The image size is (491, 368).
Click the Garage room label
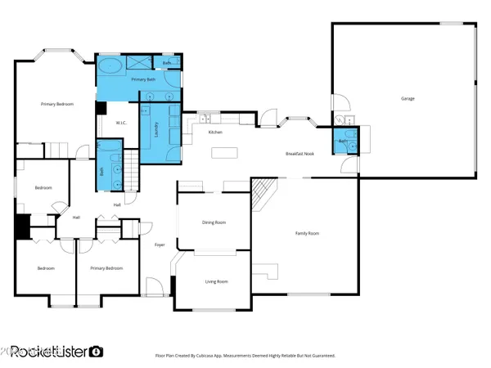pyautogui.click(x=407, y=99)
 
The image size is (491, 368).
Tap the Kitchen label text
pyautogui.click(x=215, y=132)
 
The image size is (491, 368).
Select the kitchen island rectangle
pyautogui.click(x=223, y=152)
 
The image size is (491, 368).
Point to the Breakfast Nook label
pyautogui.click(x=300, y=154)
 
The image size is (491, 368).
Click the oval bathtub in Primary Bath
pyautogui.click(x=111, y=65)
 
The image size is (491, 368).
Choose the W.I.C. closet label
pyautogui.click(x=120, y=123)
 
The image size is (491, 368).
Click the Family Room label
pyautogui.click(x=307, y=234)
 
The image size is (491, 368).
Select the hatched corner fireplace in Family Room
pyautogui.click(x=261, y=195)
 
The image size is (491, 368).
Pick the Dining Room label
pyautogui.click(x=214, y=222)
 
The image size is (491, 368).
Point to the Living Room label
pyautogui.click(x=216, y=281)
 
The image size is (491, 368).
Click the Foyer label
pyautogui.click(x=160, y=245)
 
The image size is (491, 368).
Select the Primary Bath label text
pyautogui.click(x=143, y=79)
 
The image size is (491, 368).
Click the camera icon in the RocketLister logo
pyautogui.click(x=96, y=352)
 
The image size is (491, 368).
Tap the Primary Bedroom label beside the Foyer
pyautogui.click(x=106, y=268)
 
